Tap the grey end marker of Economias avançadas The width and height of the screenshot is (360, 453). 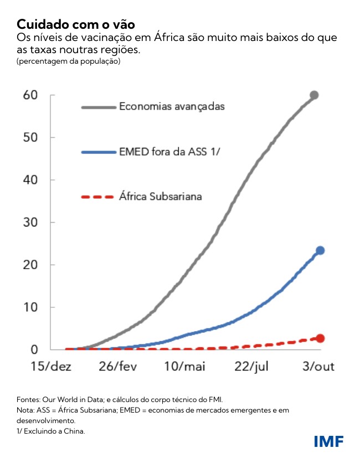tap(314, 95)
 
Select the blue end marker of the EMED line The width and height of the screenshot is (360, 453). tap(320, 251)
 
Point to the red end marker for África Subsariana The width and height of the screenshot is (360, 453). tap(320, 338)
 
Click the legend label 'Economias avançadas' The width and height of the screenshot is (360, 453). tap(172, 106)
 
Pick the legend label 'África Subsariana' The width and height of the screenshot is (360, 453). tap(161, 196)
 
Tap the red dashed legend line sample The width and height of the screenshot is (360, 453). tap(97, 197)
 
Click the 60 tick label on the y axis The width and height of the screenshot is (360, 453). tap(30, 95)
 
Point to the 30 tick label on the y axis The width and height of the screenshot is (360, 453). tap(30, 223)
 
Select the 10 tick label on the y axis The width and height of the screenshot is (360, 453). tap(30, 307)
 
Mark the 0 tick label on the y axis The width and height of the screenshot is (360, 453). tap(34, 349)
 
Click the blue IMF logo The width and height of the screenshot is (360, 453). tap(328, 441)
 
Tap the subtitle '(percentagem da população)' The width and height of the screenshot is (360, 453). tap(69, 61)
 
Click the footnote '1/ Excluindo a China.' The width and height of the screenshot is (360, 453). tap(51, 430)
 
